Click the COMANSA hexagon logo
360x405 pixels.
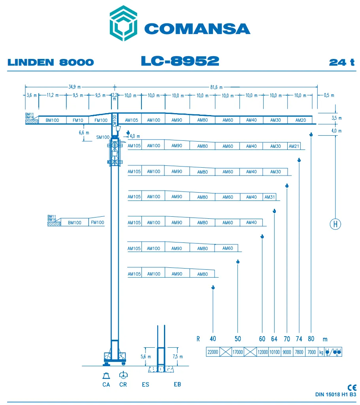pos(123,23)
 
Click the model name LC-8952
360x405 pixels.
pos(180,61)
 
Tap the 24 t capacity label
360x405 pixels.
pos(341,62)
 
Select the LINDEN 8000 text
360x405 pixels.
pos(51,62)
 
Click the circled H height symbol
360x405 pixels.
pos(335,224)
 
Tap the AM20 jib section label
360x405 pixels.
pos(300,120)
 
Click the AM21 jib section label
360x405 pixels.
pos(294,146)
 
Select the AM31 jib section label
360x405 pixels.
pos(270,197)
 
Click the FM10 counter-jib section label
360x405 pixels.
pos(77,120)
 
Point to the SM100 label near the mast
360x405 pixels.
pos(102,137)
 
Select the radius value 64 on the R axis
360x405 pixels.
pos(274,339)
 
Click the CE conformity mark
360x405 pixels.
pos(351,388)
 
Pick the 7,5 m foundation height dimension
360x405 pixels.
pos(179,356)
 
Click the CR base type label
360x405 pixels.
pos(123,384)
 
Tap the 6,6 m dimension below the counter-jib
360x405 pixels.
pos(84,133)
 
